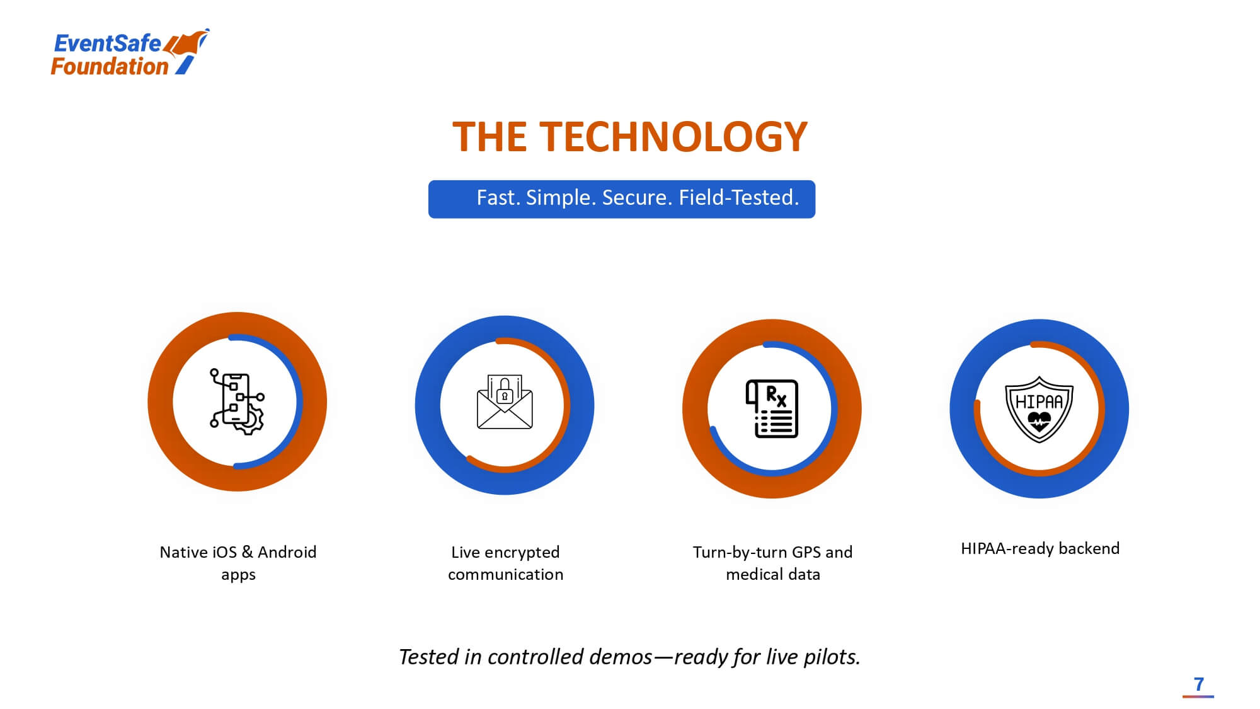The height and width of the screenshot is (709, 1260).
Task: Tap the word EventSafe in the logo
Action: [107, 43]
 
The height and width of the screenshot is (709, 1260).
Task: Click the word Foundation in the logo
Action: [110, 66]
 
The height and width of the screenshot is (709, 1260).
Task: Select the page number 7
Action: [1198, 684]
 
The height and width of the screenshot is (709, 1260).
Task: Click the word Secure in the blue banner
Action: [637, 198]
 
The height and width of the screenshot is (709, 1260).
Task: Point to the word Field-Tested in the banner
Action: [738, 198]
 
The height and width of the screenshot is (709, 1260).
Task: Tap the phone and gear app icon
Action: [237, 401]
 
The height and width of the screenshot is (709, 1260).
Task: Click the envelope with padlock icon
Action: [505, 402]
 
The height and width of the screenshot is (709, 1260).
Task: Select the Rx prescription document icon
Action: [772, 408]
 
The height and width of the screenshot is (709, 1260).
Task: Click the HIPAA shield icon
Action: [1039, 409]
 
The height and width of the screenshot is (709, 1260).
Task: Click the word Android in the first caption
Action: [287, 552]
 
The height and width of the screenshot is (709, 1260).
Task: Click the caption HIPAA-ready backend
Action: [1040, 548]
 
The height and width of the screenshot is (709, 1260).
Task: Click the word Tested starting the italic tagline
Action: [429, 657]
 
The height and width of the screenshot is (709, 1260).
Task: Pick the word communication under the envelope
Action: [505, 574]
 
